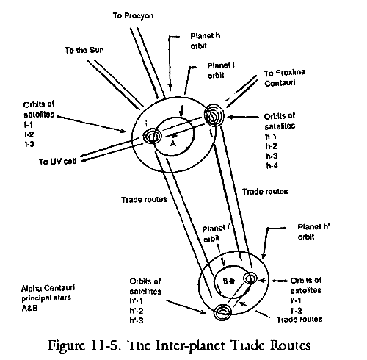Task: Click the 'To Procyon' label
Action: pyautogui.click(x=133, y=16)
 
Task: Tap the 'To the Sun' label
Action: pyautogui.click(x=84, y=50)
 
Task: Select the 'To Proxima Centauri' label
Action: pyautogui.click(x=285, y=78)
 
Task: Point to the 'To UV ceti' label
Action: pyautogui.click(x=57, y=162)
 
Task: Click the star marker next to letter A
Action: pyautogui.click(x=174, y=135)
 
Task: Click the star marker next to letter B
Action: pyautogui.click(x=232, y=281)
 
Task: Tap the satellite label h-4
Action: pyautogui.click(x=272, y=166)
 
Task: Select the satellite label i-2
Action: pyautogui.click(x=29, y=134)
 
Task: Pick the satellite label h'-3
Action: pyautogui.click(x=137, y=320)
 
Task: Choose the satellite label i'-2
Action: pyautogui.click(x=297, y=311)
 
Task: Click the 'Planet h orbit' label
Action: pyautogui.click(x=206, y=41)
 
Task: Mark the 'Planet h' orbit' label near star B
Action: pyautogui.click(x=313, y=231)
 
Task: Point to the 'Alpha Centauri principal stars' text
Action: pyautogui.click(x=48, y=293)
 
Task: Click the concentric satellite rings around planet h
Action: pyautogui.click(x=214, y=115)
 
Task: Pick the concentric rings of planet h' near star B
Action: pyautogui.click(x=222, y=312)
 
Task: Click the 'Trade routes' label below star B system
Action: pyautogui.click(x=299, y=320)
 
